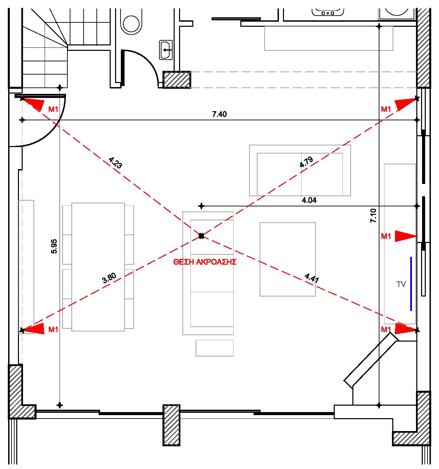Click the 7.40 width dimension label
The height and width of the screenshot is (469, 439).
tap(219, 114)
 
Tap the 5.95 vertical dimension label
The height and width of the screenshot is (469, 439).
tap(54, 247)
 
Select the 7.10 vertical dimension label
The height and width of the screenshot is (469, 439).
tap(373, 216)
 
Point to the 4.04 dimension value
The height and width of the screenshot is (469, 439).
tap(309, 201)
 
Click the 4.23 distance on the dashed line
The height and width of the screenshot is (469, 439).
tap(115, 163)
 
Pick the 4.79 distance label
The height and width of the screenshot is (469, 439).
tap(306, 162)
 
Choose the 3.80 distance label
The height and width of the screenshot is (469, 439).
tap(109, 278)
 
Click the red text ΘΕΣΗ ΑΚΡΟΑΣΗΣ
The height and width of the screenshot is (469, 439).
tap(205, 262)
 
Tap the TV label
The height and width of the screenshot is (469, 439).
tap(401, 284)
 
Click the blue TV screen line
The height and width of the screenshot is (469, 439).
tap(411, 284)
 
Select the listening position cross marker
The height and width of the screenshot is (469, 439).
tap(201, 236)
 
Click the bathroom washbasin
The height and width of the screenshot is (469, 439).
tap(166, 50)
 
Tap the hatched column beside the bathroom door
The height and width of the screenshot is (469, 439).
tap(177, 80)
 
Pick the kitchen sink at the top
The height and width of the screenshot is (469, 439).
tap(328, 12)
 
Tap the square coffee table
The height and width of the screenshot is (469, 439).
tap(288, 259)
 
